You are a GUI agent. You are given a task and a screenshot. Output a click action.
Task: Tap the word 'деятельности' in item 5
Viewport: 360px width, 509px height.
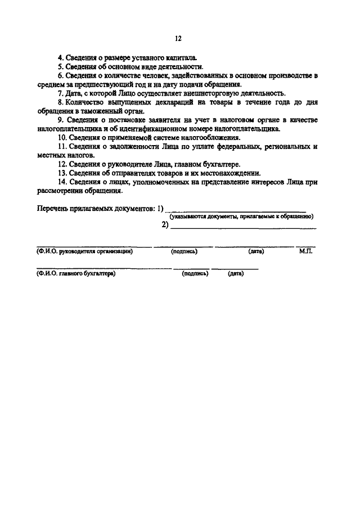pos(177,67)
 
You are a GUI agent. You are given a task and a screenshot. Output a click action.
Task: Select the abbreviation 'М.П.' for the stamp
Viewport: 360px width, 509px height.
pos(306,251)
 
